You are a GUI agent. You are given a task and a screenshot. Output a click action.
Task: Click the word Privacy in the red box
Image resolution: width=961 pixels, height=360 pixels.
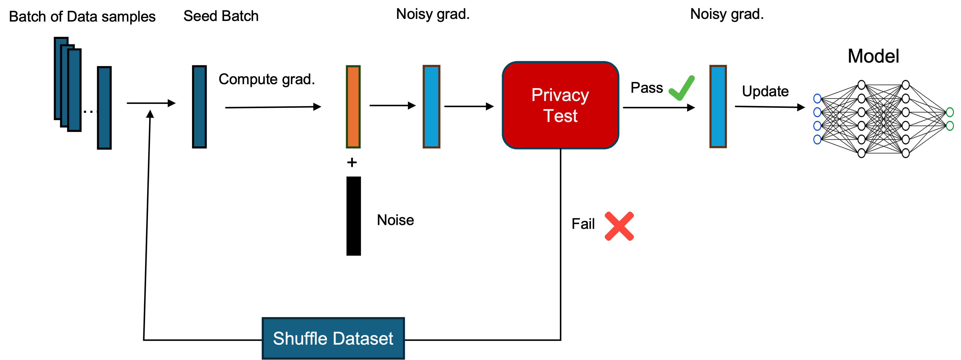pyautogui.click(x=560, y=95)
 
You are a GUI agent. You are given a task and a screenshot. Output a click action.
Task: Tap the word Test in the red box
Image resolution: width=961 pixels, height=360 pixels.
pyautogui.click(x=560, y=116)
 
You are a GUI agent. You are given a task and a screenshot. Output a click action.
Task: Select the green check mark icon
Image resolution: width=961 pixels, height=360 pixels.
pyautogui.click(x=681, y=88)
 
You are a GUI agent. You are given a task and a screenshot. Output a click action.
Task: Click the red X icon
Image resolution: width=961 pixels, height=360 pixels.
pyautogui.click(x=619, y=226)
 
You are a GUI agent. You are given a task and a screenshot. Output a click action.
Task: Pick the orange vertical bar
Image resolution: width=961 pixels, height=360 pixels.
pyautogui.click(x=353, y=107)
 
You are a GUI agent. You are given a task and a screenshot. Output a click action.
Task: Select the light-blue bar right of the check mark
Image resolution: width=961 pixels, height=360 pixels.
pyautogui.click(x=718, y=107)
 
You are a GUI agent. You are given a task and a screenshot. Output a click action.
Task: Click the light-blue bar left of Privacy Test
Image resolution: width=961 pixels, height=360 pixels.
pyautogui.click(x=431, y=107)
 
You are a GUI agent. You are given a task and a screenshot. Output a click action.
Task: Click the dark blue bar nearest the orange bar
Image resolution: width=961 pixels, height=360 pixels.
pyautogui.click(x=199, y=107)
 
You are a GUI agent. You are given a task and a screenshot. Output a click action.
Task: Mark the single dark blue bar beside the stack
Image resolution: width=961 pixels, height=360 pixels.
pyautogui.click(x=104, y=108)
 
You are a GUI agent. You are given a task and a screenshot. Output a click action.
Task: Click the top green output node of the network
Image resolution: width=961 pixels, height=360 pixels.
pyautogui.click(x=950, y=112)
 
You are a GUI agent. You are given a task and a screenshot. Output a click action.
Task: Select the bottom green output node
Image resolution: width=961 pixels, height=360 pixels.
pyautogui.click(x=950, y=126)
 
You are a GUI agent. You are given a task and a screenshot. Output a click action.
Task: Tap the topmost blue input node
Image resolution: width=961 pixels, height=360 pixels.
pyautogui.click(x=817, y=98)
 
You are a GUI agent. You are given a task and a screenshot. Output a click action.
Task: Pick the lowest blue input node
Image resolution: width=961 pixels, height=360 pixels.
pyautogui.click(x=817, y=139)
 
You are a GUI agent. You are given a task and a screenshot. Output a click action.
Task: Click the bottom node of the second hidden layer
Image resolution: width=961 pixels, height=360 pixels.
pyautogui.click(x=905, y=153)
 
